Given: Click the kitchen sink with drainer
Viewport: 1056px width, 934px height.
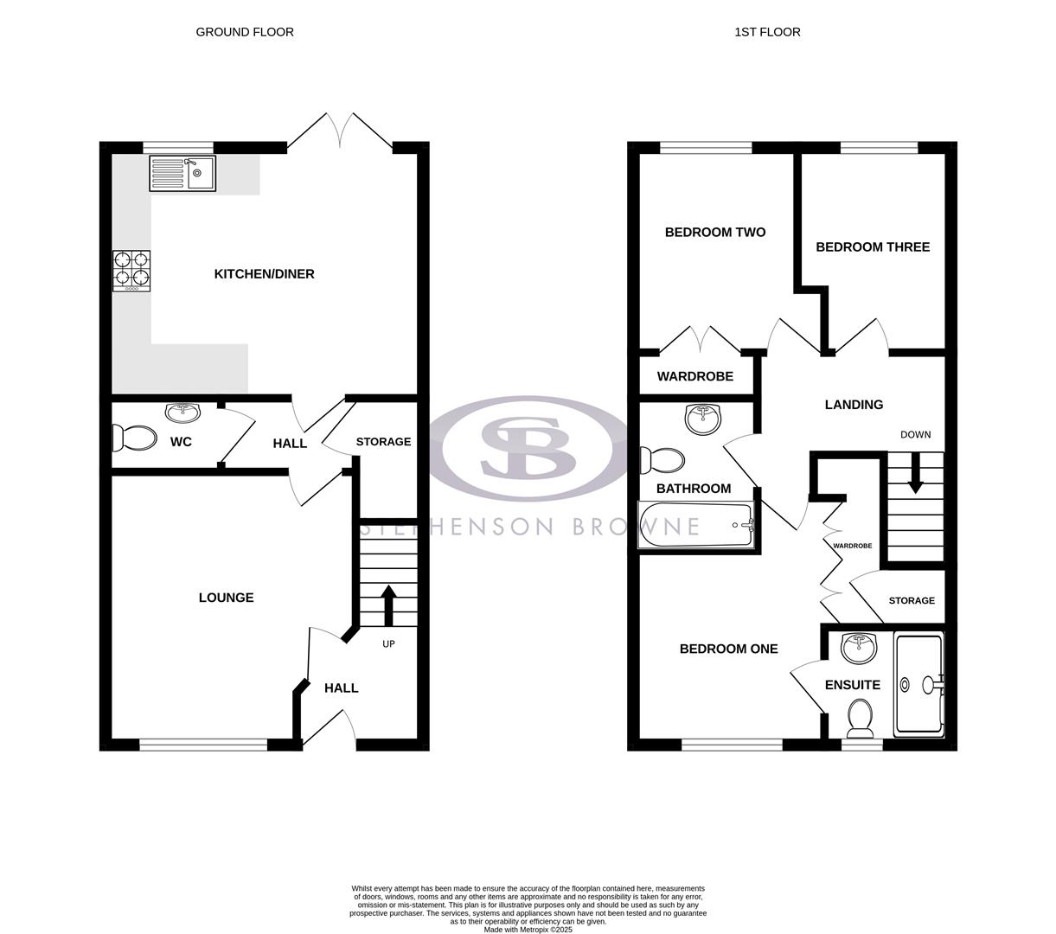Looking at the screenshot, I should pos(182,173).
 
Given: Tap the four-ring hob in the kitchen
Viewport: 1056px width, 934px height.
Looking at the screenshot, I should pos(131,271).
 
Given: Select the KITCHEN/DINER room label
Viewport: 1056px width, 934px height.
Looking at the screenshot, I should pos(264,274).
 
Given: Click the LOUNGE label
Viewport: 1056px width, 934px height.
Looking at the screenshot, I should pos(226,598).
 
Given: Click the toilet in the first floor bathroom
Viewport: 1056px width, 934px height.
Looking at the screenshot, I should pos(662,459).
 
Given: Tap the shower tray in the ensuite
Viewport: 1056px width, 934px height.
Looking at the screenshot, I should pos(918,684).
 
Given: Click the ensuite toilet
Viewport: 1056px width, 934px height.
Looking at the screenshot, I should pos(860,716).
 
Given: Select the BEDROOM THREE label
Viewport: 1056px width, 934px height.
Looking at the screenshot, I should pos(873,247).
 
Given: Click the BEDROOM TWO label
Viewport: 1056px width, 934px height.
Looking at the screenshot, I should pos(714,233).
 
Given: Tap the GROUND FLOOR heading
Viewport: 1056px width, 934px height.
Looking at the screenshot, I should pos(245,32).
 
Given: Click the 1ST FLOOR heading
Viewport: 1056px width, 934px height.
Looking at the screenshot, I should pos(767,32).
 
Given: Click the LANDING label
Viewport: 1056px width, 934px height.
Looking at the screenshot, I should pos(854,405).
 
